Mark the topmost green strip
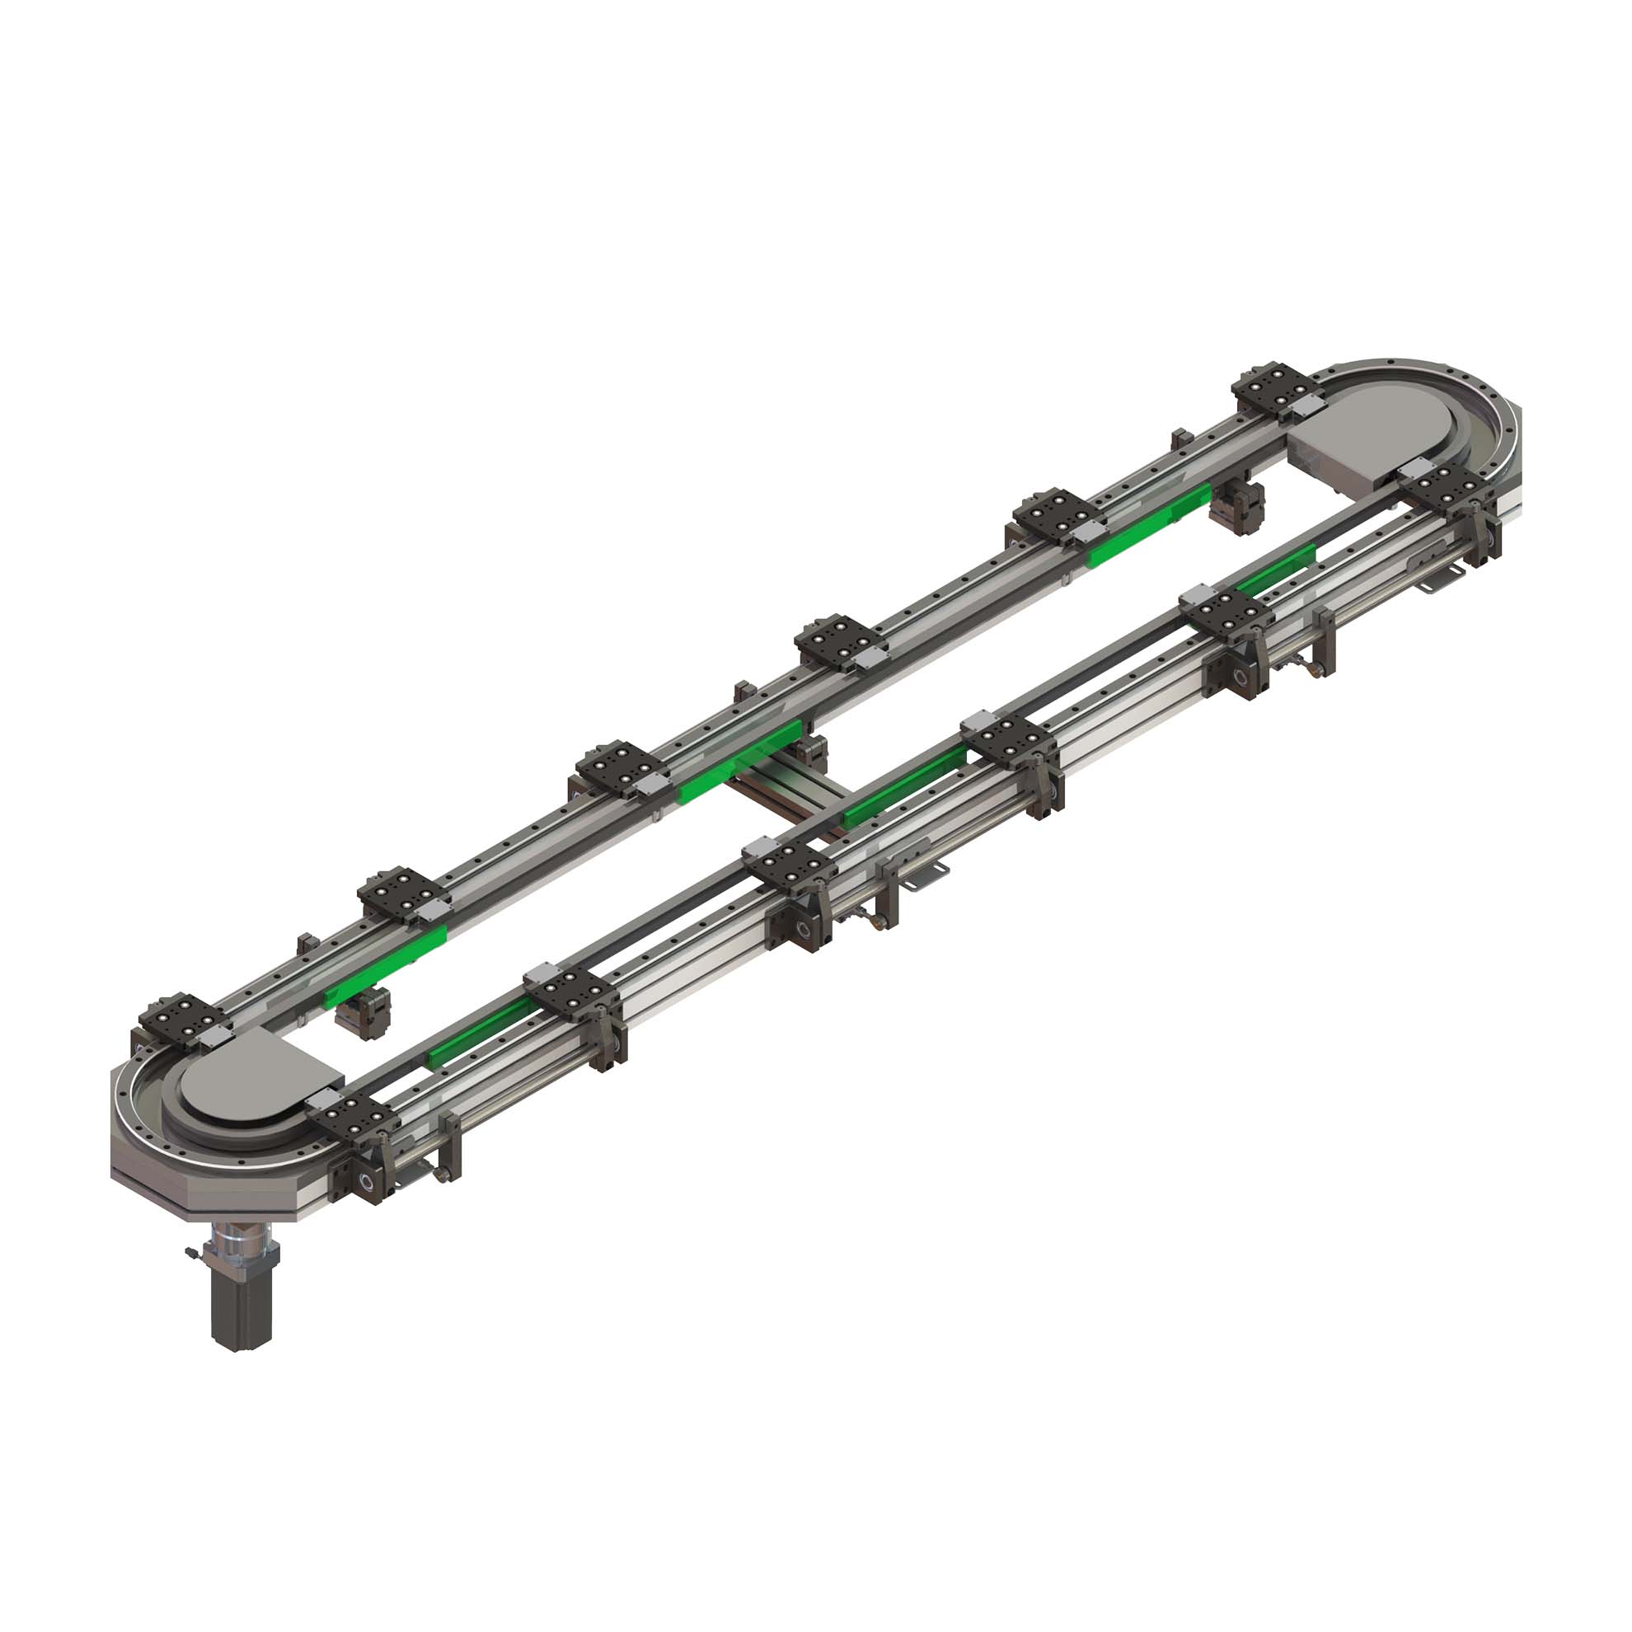(1149, 528)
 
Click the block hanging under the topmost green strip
(1237, 507)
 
